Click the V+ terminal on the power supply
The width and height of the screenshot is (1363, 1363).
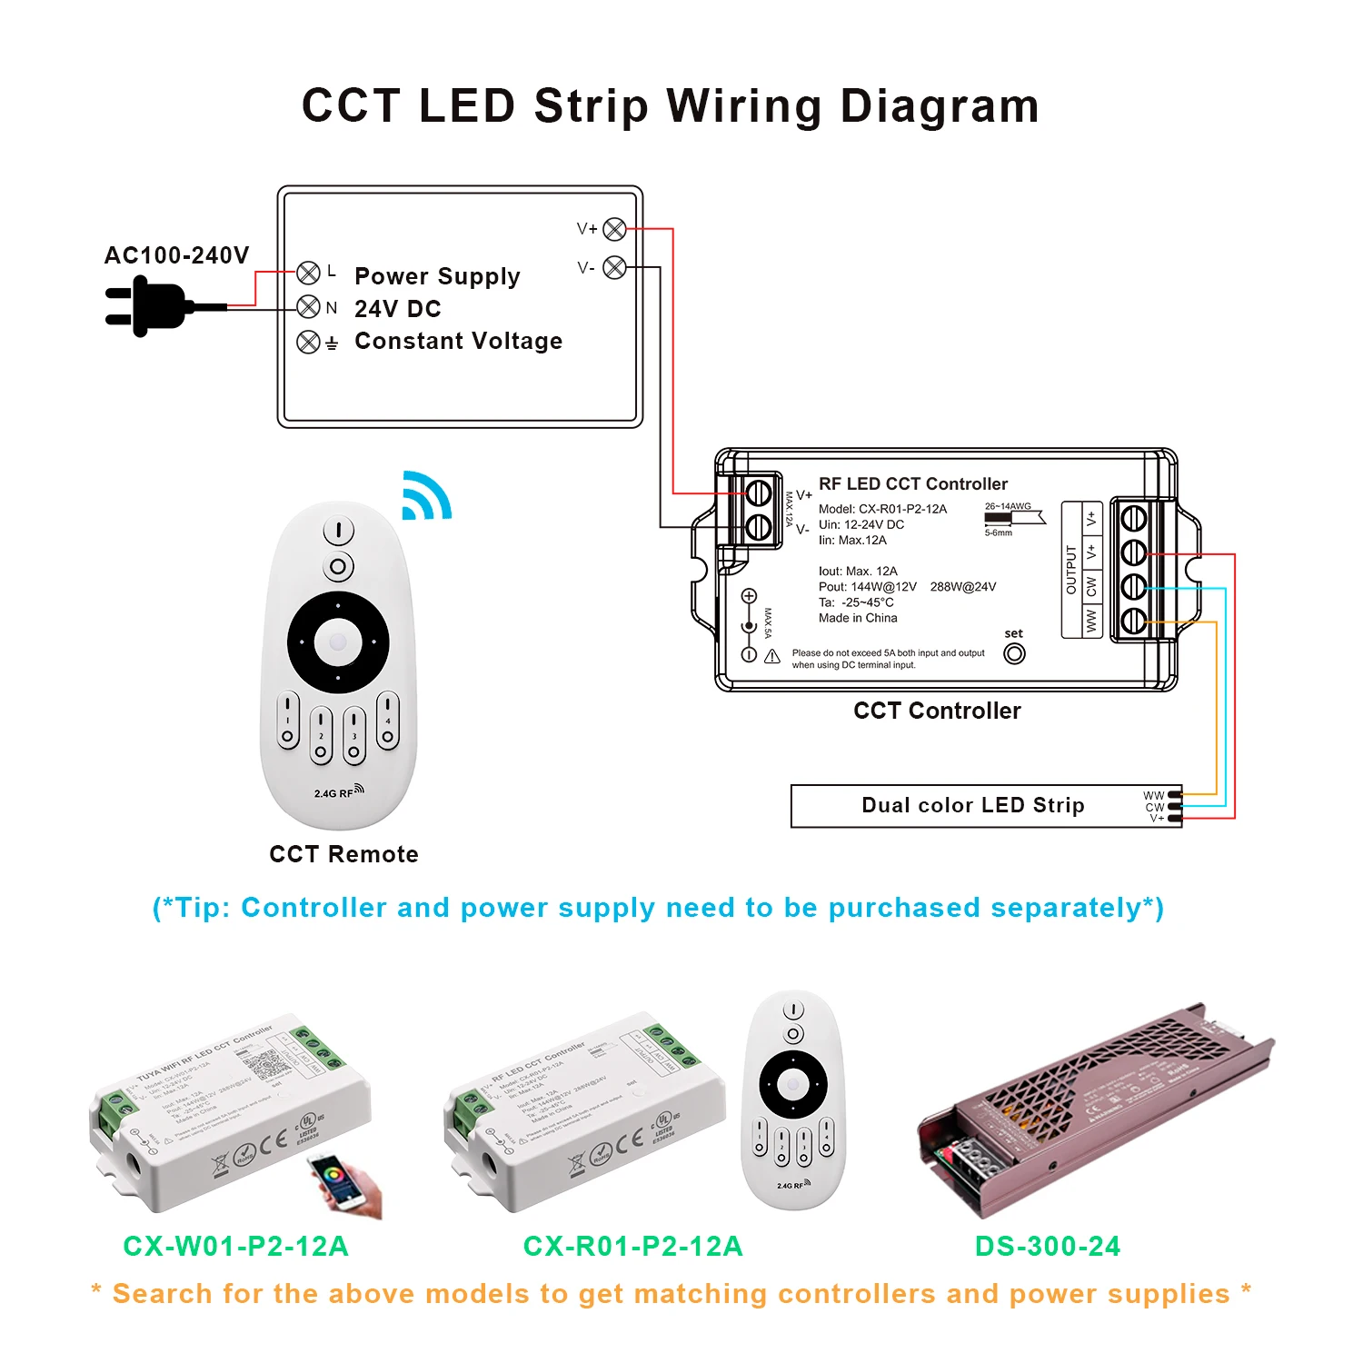[614, 229]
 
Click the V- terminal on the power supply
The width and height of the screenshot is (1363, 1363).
[614, 267]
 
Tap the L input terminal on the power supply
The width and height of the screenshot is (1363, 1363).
[308, 273]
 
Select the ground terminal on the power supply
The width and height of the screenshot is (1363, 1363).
[308, 342]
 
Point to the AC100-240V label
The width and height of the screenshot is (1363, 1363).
[176, 255]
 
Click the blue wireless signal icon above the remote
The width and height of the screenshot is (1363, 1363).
[425, 496]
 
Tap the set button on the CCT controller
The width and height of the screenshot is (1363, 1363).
[1014, 653]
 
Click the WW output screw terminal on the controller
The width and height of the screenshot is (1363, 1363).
[1133, 622]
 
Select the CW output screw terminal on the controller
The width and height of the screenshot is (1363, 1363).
[1133, 587]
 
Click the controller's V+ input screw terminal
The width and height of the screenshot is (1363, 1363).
[759, 493]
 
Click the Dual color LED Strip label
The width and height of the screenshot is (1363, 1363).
[972, 805]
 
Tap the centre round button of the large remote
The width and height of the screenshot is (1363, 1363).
[338, 642]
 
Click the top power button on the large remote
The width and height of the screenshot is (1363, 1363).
[338, 530]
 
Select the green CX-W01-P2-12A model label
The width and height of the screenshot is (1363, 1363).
[235, 1246]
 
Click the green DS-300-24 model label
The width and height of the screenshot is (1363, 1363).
[1047, 1246]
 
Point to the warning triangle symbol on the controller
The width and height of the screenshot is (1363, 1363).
[771, 656]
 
